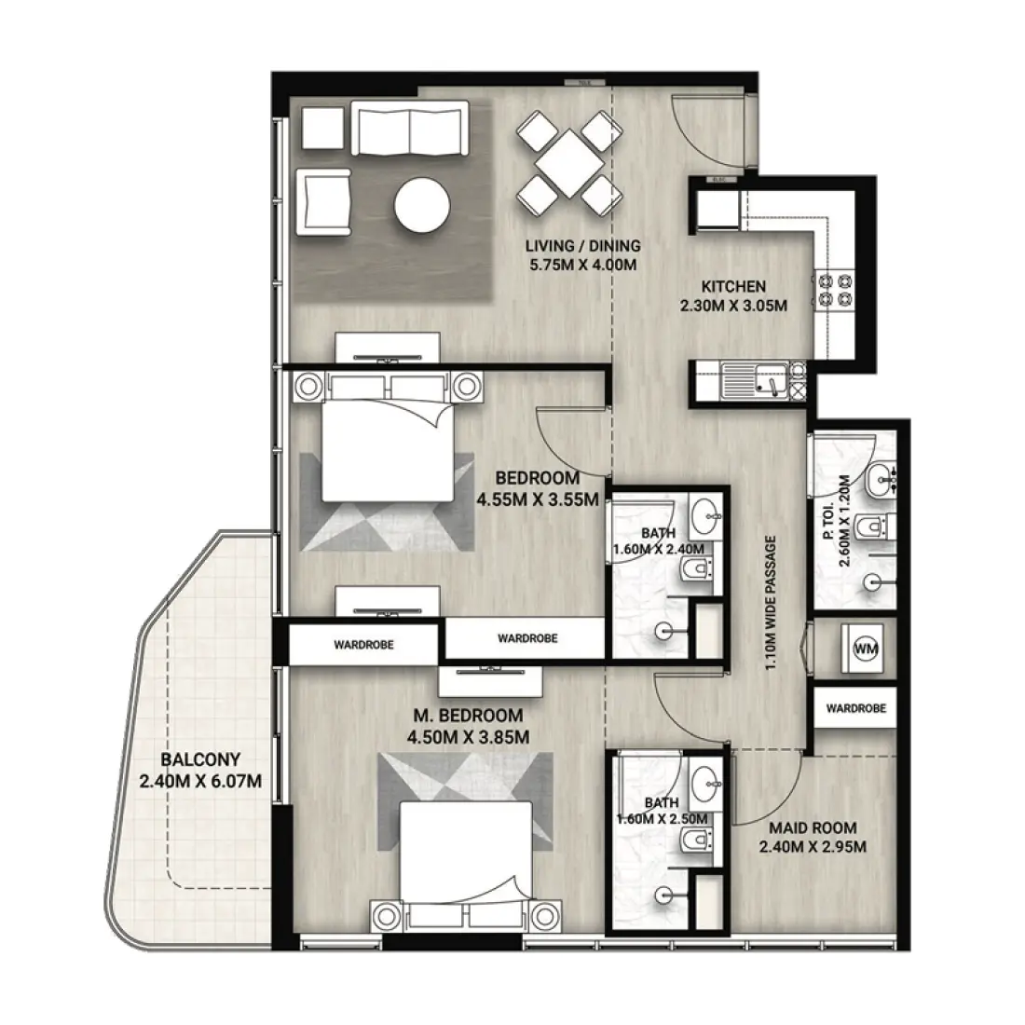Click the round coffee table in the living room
421,206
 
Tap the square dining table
569,163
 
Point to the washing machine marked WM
866,649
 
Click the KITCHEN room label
733,286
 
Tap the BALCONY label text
200,759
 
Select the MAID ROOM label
813,827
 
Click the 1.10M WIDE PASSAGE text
772,603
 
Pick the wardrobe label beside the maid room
855,708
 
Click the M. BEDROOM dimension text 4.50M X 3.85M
468,737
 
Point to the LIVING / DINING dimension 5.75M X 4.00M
582,265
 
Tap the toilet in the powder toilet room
875,526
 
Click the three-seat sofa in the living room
410,128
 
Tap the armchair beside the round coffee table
323,201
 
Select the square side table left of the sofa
323,129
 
